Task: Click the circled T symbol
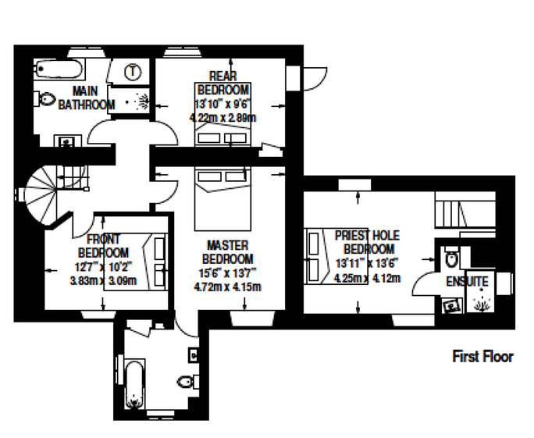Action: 133,72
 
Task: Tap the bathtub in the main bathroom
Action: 59,69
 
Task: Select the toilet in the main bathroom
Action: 44,99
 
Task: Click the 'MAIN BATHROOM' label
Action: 86,98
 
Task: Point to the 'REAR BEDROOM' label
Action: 223,83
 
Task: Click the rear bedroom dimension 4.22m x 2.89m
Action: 222,118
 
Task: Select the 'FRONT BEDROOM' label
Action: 103,246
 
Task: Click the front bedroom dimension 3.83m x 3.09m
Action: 103,280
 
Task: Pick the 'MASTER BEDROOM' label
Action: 227,252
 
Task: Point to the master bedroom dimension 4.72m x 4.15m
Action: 227,287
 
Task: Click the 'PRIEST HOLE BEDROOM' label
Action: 367,242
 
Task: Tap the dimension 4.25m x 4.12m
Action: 367,278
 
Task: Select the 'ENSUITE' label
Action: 467,282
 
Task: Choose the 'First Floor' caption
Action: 482,357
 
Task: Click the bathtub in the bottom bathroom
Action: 134,384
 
